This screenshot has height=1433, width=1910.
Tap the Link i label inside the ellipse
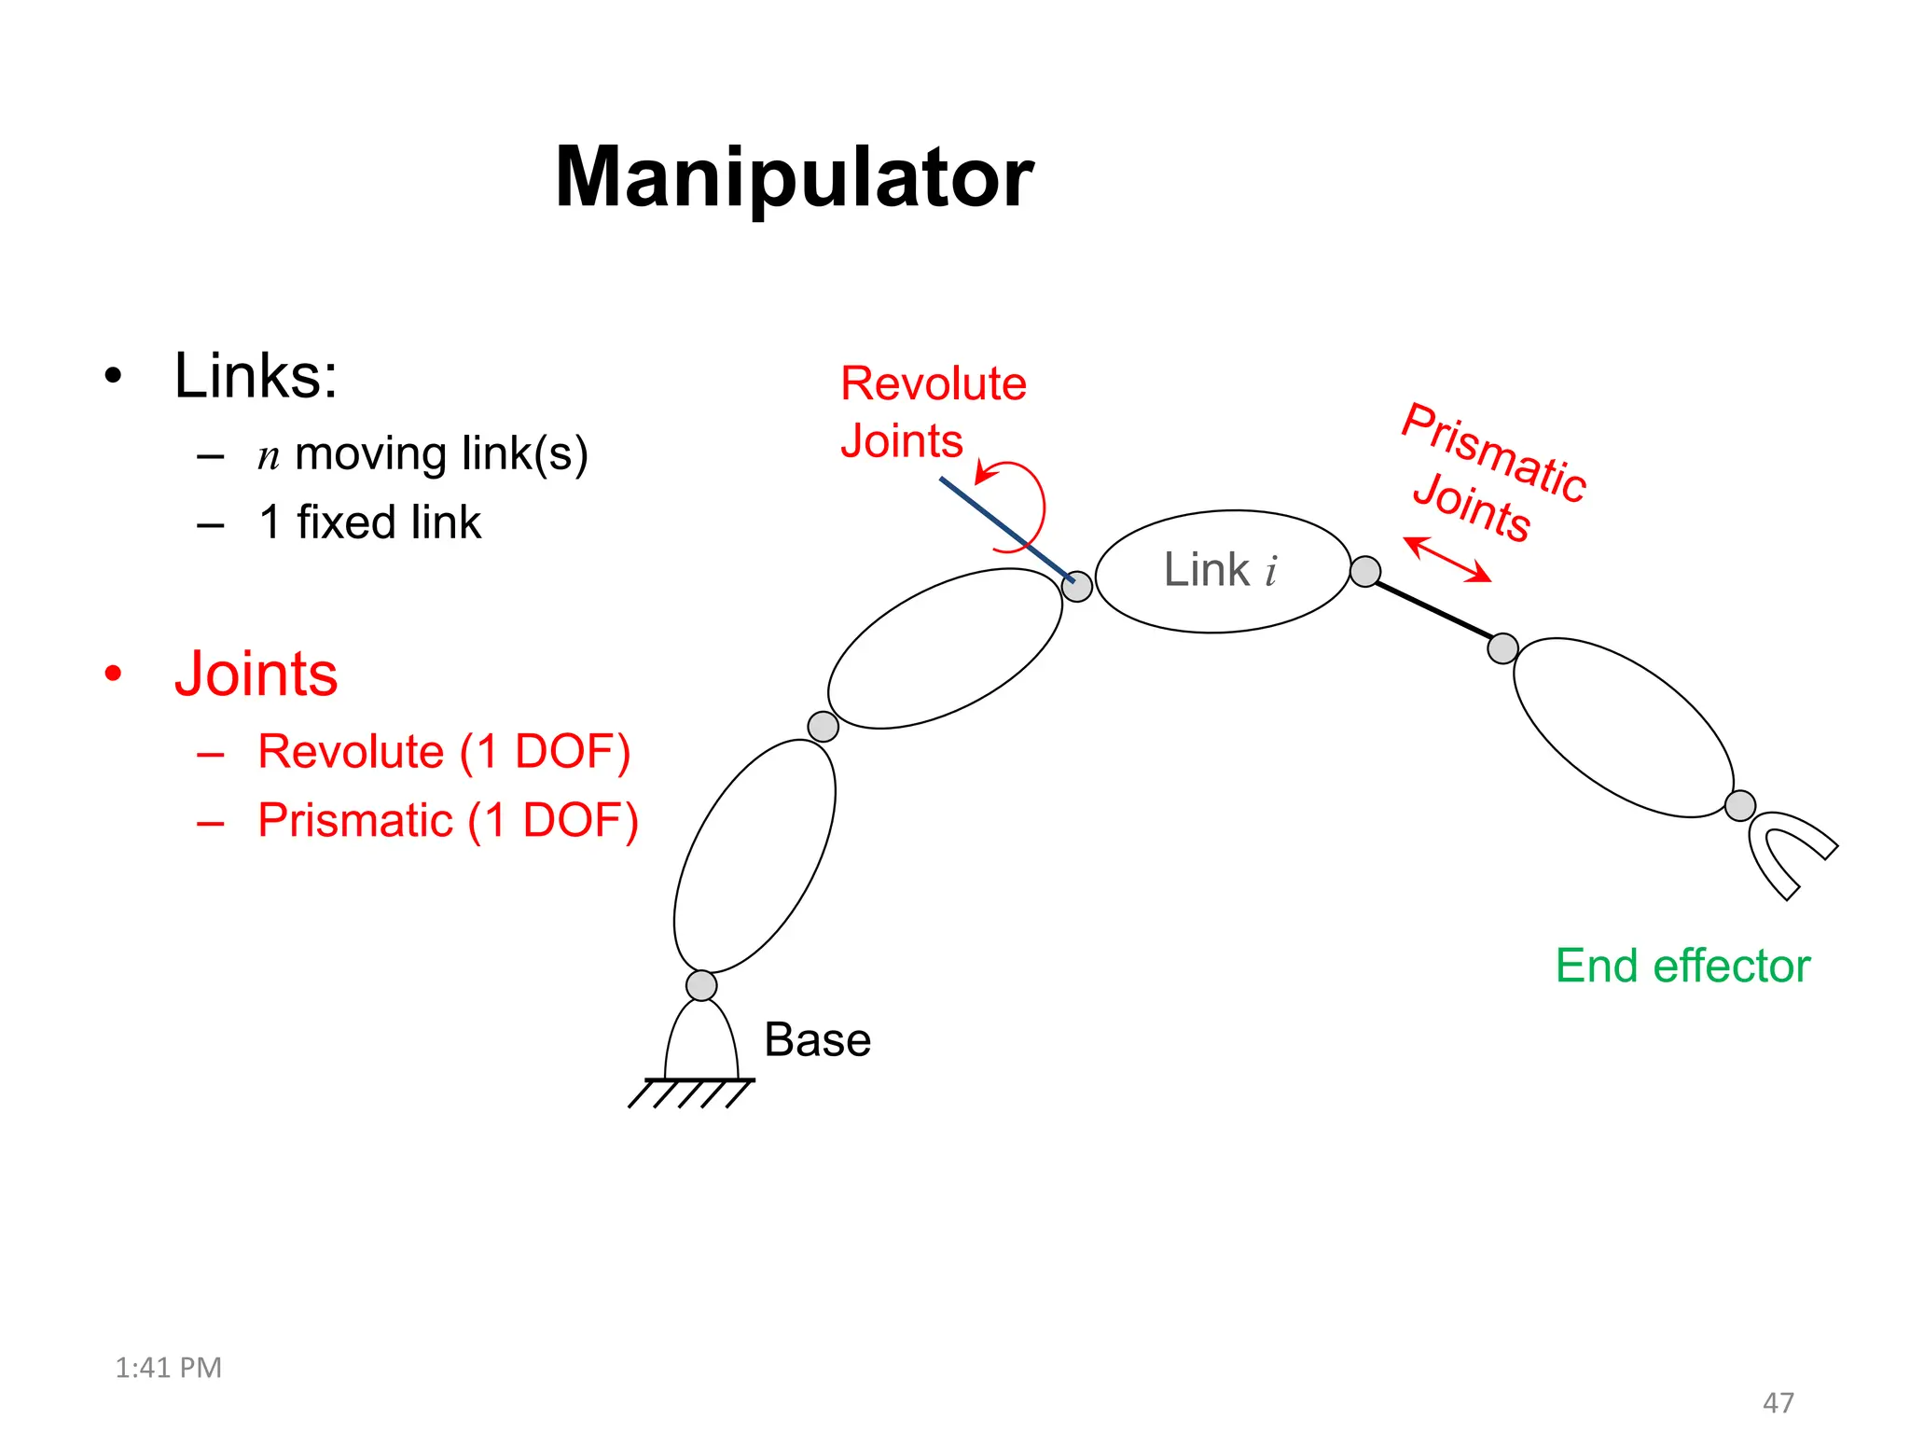click(1220, 570)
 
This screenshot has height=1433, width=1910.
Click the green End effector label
click(1682, 966)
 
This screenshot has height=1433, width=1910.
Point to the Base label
click(817, 1039)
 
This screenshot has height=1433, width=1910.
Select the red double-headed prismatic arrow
click(1447, 560)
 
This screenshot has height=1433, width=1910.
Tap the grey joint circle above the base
click(701, 985)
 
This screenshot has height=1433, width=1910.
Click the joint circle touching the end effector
click(1740, 805)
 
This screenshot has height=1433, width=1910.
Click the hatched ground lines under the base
click(691, 1092)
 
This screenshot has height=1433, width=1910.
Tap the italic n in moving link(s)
click(269, 457)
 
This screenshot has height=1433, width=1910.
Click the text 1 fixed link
click(370, 522)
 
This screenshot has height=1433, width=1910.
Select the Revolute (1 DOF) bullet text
click(444, 751)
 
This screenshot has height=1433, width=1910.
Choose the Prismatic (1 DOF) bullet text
click(448, 821)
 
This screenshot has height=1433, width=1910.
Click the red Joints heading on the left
click(256, 674)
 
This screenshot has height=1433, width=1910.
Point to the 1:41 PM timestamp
click(168, 1368)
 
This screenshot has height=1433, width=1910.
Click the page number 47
click(1778, 1402)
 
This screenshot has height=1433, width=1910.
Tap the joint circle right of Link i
click(1365, 571)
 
